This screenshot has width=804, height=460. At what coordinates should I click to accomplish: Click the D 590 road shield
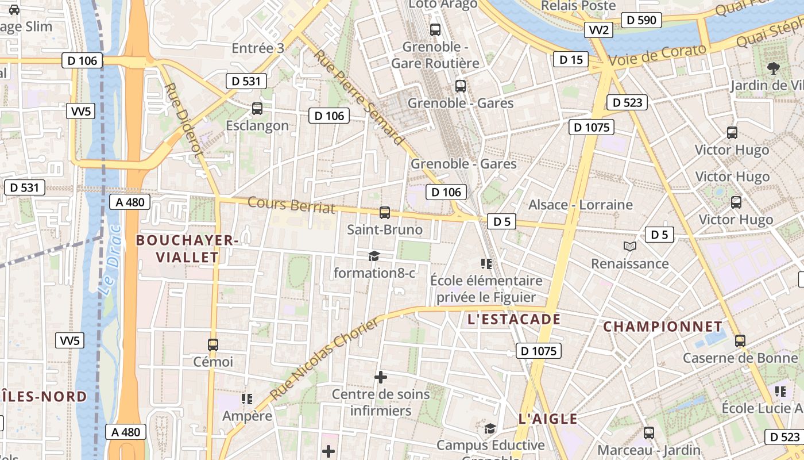[x=641, y=20]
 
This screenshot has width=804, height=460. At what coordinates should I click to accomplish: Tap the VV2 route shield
[x=598, y=30]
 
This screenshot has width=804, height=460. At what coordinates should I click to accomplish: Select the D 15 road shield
[x=571, y=59]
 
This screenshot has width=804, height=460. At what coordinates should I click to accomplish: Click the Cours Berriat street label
[x=291, y=205]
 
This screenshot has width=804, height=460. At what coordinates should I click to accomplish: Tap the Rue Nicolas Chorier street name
[x=325, y=359]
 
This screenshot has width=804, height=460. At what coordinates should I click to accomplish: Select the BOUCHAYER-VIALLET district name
[x=186, y=248]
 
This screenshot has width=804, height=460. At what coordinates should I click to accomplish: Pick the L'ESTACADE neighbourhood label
[x=514, y=319]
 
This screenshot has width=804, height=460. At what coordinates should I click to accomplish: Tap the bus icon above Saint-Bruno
[x=385, y=212]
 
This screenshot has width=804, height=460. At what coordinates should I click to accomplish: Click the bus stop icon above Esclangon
[x=257, y=108]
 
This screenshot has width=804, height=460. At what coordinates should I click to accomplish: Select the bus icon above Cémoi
[x=213, y=344]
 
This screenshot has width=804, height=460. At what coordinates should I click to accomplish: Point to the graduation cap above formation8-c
[x=374, y=256]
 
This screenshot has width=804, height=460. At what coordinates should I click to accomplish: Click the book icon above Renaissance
[x=630, y=247]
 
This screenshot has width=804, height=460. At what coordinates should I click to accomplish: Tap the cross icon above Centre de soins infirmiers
[x=381, y=377]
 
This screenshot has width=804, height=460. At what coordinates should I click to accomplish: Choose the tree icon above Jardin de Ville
[x=774, y=68]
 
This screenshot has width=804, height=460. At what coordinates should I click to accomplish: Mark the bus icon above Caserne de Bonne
[x=740, y=340]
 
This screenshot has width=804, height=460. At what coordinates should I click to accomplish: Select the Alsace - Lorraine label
[x=580, y=205]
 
